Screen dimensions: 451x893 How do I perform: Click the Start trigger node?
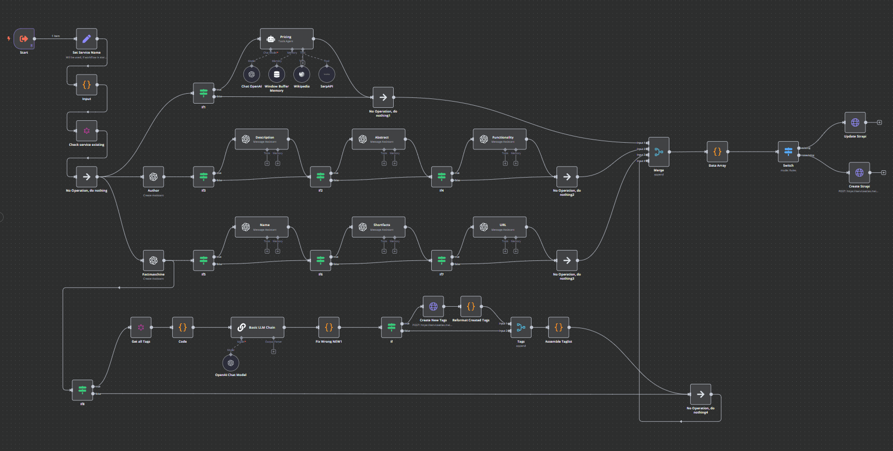click(24, 39)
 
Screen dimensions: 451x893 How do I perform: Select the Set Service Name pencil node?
click(86, 39)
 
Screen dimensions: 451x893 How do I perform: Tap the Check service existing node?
click(86, 131)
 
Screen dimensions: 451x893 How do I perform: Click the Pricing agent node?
click(287, 39)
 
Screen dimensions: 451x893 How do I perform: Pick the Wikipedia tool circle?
click(302, 74)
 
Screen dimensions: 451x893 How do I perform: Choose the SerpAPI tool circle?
click(327, 74)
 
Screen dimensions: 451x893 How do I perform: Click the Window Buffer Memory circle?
click(277, 74)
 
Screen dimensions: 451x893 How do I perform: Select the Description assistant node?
click(262, 139)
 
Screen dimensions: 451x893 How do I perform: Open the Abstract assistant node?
click(379, 139)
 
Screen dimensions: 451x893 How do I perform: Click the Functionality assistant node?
click(499, 139)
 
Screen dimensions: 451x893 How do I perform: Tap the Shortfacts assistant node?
click(379, 227)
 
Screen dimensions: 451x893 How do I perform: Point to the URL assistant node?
click(499, 227)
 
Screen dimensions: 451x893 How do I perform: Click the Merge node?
click(658, 152)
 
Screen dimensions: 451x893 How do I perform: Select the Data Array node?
click(717, 152)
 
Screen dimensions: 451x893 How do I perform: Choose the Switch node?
click(788, 152)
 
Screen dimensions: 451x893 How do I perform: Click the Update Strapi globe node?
click(855, 122)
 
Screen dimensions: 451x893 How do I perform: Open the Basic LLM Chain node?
click(257, 328)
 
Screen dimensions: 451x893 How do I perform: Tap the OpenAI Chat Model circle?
click(231, 363)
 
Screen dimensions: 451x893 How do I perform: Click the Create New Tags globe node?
click(433, 306)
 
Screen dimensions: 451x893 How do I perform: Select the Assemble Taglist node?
click(559, 328)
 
